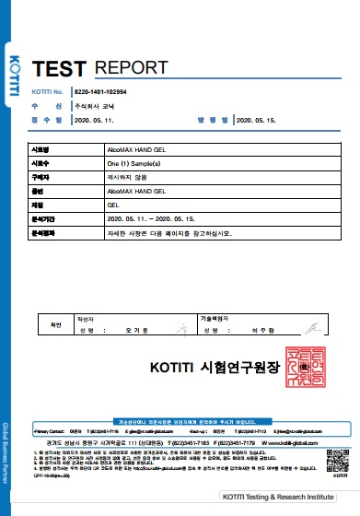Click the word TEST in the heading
[59, 67]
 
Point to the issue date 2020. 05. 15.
[257, 120]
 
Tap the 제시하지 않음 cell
[101, 176]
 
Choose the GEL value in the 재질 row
[88, 204]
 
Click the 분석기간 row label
[43, 218]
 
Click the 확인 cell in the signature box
[54, 323]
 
